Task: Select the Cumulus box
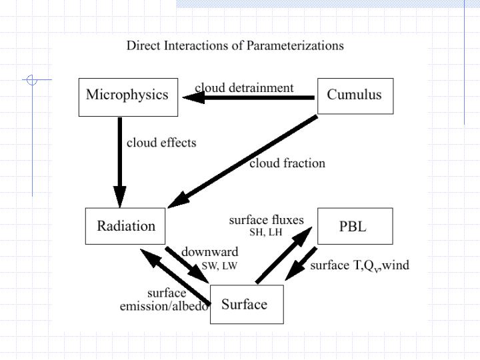(x=355, y=96)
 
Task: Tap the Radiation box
(x=126, y=226)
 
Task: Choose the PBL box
(x=354, y=226)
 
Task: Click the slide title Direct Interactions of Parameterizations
(x=235, y=46)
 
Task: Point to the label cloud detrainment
(x=244, y=88)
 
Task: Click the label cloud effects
(x=161, y=143)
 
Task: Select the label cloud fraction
(x=287, y=163)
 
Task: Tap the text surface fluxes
(x=266, y=220)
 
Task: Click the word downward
(x=209, y=252)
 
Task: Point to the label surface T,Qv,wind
(x=359, y=265)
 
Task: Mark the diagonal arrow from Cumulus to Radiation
(x=243, y=159)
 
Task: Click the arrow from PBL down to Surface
(x=301, y=263)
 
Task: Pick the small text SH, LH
(x=265, y=233)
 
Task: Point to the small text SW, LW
(x=219, y=265)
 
